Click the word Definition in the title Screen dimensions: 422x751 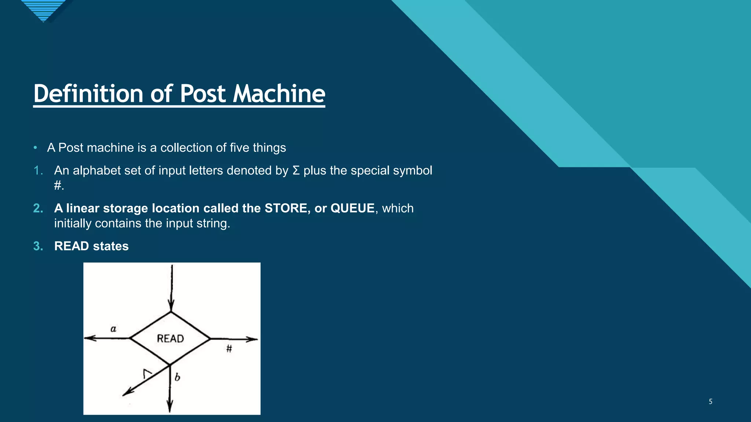(x=88, y=94)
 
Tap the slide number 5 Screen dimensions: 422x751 (x=710, y=401)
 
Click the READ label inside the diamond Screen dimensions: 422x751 (x=170, y=338)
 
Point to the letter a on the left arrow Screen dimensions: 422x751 (x=113, y=329)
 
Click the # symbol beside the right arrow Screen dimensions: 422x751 (x=229, y=349)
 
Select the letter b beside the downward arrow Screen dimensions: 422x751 (x=177, y=377)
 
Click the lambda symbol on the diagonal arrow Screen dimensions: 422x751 (x=147, y=374)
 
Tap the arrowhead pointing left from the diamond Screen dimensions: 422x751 (x=89, y=338)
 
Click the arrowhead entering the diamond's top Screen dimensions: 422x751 (x=171, y=306)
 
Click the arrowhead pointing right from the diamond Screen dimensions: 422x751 (x=253, y=339)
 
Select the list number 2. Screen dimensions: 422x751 (x=38, y=208)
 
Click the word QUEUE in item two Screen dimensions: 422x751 (x=352, y=208)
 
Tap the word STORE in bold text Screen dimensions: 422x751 (x=287, y=208)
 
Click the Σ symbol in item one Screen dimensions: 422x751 (x=296, y=171)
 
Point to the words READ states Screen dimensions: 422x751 (x=91, y=246)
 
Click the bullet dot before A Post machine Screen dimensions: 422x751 (x=35, y=148)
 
